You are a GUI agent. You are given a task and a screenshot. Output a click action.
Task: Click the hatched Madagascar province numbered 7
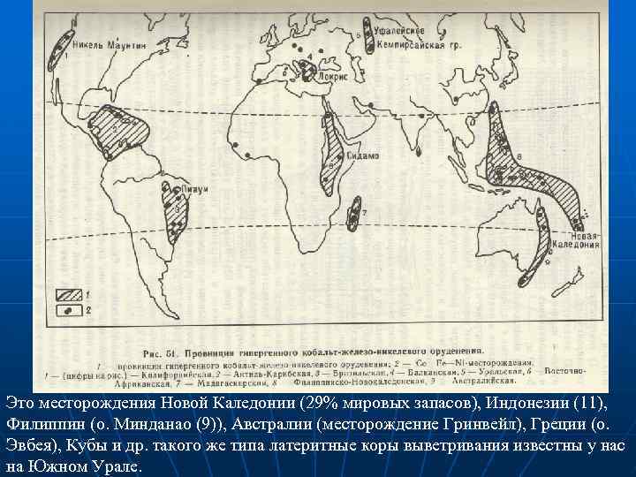click(x=355, y=210)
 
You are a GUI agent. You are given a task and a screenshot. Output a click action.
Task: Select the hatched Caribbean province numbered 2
click(x=118, y=132)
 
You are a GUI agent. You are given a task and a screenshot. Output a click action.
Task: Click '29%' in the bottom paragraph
click(x=314, y=403)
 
